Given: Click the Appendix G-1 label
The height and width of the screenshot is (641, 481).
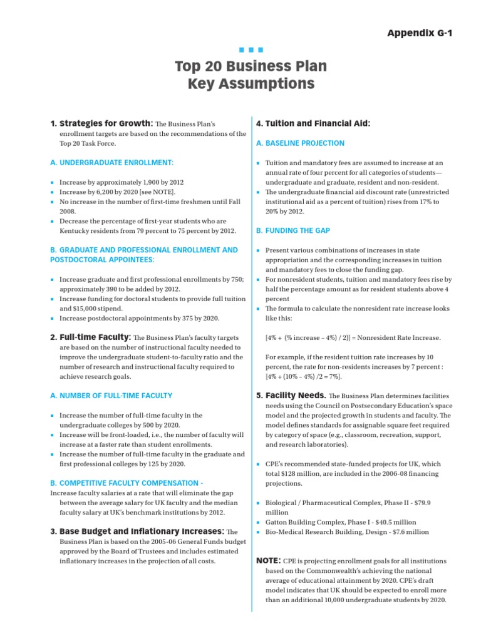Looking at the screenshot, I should click(x=420, y=33).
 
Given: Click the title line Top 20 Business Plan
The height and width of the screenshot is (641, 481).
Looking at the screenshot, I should click(x=251, y=66).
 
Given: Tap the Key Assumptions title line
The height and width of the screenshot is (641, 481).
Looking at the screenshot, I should click(x=251, y=83).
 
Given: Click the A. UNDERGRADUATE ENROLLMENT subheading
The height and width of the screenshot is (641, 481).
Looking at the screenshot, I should click(x=111, y=163).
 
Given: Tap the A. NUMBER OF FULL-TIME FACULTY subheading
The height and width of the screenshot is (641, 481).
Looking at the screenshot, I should click(x=111, y=396).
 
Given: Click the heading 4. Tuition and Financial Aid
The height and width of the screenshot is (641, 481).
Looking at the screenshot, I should click(x=313, y=124).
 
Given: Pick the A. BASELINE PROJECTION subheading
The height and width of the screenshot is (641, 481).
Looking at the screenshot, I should click(x=301, y=143).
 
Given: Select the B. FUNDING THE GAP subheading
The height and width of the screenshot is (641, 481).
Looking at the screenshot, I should click(x=293, y=231).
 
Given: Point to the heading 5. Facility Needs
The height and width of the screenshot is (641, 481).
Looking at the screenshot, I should click(x=291, y=396).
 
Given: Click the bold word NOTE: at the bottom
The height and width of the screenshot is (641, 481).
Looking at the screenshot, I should click(x=269, y=560).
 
